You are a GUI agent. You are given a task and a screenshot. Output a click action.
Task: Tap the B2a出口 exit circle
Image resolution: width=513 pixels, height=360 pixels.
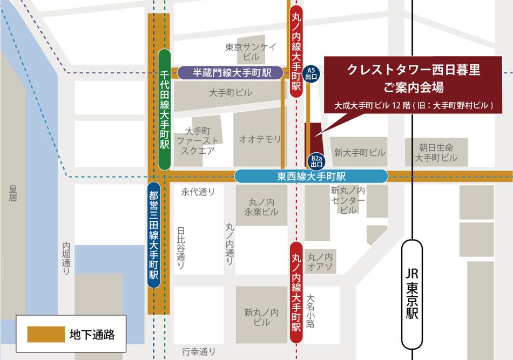tap(316, 160)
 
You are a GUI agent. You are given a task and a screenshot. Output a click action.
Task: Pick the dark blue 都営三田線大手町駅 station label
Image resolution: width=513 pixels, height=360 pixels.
tap(153, 235)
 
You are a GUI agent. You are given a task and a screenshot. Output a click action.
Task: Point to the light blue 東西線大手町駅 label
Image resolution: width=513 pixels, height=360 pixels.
tap(312, 176)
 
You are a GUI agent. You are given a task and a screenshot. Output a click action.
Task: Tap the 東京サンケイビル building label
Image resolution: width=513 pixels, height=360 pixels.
tap(251, 51)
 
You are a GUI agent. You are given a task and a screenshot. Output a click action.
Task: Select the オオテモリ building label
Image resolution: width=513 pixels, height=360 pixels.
tap(260, 139)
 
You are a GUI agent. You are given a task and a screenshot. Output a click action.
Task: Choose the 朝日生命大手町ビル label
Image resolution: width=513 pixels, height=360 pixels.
tap(436, 152)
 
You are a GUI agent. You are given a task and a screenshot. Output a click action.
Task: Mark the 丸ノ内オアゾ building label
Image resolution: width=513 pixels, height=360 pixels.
tap(320, 261)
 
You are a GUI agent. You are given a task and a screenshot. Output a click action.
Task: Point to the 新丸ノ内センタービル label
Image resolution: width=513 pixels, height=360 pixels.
tap(348, 200)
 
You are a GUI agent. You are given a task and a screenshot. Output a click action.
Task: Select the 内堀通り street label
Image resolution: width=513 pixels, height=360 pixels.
tap(66, 259)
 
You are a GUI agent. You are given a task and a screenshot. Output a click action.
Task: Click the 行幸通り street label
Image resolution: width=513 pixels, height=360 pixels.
tap(199, 351)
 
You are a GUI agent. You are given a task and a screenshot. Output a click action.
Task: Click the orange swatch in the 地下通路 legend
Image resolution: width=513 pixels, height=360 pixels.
tap(46, 334)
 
